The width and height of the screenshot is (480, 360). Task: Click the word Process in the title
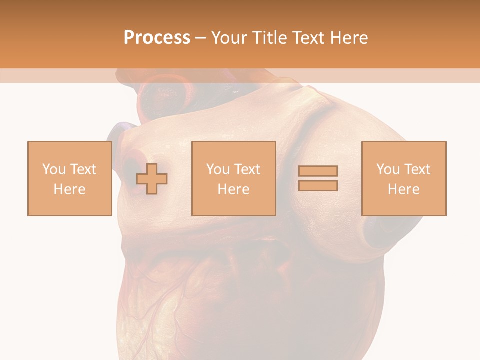point(157,37)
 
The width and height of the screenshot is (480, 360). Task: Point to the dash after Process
point(201,38)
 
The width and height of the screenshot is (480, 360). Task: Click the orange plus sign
point(152,178)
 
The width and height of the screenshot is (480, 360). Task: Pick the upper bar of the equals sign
point(318,171)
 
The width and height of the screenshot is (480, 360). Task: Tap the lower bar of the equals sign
point(318,185)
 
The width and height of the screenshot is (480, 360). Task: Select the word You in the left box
point(53,169)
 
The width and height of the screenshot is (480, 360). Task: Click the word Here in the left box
point(69,189)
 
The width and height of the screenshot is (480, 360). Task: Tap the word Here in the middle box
point(233,189)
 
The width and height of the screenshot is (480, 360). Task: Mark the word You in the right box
point(388,169)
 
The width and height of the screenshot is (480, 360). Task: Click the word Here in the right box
point(403,189)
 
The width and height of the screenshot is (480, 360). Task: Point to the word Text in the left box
point(82,169)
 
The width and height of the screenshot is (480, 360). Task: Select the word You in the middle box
point(218,169)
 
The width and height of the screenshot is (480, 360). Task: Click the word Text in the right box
point(417,169)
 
